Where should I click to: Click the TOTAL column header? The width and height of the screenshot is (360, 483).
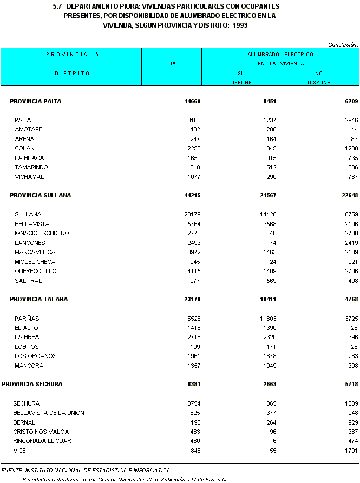click(171, 64)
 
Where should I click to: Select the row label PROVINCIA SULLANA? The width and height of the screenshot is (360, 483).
click(41, 195)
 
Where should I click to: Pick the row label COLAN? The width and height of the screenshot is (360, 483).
click(25, 148)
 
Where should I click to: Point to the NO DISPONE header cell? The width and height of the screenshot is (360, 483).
click(318, 77)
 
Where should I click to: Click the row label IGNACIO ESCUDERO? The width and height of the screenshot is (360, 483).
click(42, 233)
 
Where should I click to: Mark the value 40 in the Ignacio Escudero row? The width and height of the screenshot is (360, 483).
click(272, 233)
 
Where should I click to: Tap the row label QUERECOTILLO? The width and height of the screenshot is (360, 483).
click(36, 271)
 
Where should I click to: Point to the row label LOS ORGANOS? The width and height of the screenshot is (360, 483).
click(36, 356)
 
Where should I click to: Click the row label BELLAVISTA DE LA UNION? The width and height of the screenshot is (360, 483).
click(49, 413)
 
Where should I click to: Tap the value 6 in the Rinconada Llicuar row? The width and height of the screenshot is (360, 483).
click(274, 441)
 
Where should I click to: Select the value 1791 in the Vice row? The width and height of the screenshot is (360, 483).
click(349, 451)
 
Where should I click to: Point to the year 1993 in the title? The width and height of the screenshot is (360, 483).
click(240, 25)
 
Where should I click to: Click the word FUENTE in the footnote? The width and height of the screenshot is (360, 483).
click(12, 470)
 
